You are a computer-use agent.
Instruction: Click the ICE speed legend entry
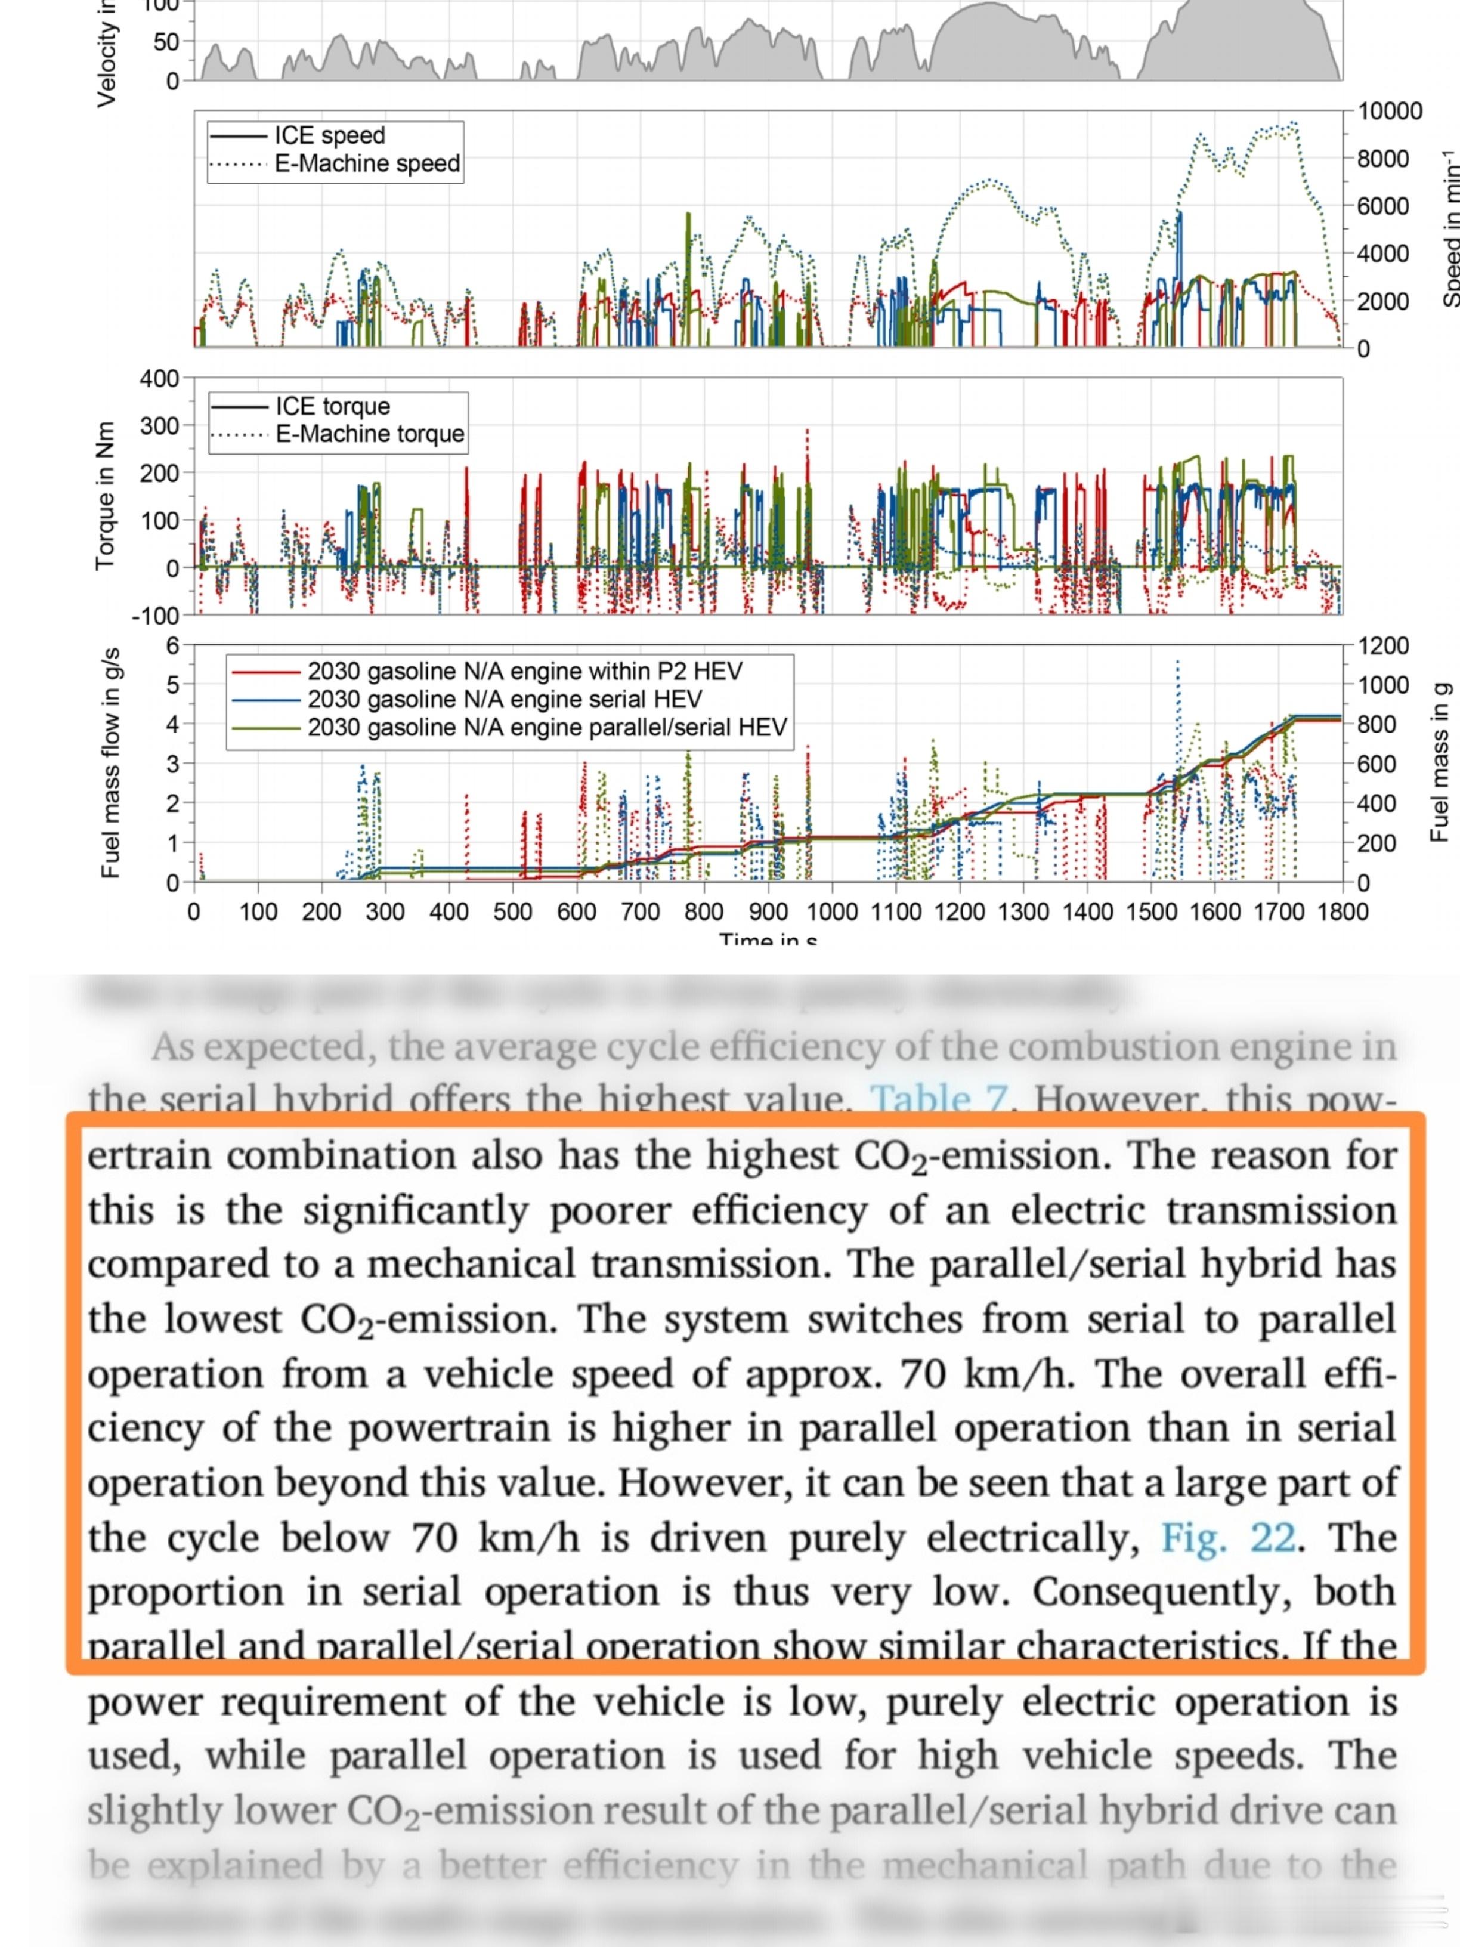(330, 135)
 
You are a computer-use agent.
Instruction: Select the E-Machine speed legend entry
(367, 163)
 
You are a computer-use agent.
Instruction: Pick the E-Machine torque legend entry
(370, 434)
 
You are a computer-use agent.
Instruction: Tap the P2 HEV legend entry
(524, 672)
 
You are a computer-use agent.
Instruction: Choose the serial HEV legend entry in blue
(505, 700)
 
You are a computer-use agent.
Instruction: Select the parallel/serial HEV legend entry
(546, 728)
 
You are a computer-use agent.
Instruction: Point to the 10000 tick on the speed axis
(1390, 112)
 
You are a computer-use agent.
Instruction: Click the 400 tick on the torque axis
(159, 379)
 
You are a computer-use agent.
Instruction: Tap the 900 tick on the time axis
(768, 911)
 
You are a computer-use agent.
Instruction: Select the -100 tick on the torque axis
(156, 615)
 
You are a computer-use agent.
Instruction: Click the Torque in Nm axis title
(106, 496)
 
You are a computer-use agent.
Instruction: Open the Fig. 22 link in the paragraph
(1229, 1538)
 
